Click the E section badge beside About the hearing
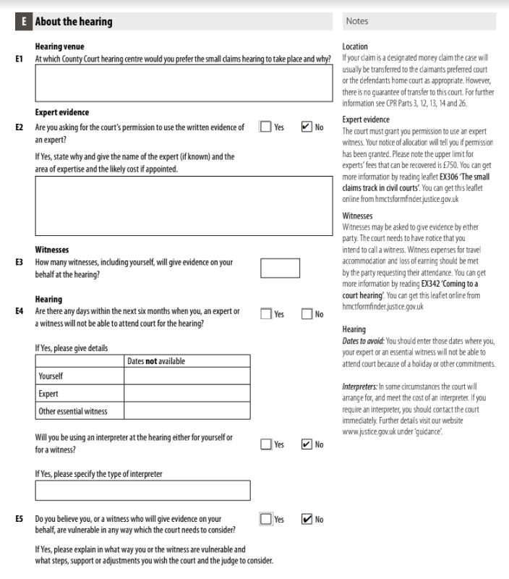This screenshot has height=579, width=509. click(23, 22)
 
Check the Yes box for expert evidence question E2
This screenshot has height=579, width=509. click(266, 127)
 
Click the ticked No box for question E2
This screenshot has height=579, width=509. click(307, 127)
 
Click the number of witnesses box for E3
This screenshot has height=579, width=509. click(280, 268)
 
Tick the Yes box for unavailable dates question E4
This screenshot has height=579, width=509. click(266, 313)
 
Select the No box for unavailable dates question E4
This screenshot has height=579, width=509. click(307, 313)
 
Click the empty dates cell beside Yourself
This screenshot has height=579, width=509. click(187, 376)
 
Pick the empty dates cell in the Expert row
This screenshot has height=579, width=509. click(187, 394)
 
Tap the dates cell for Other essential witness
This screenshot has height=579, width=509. click(187, 411)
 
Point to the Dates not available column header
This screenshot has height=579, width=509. click(155, 360)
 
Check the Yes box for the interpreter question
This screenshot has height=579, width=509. click(266, 444)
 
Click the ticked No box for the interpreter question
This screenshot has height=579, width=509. click(307, 444)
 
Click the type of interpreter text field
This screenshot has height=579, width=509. click(142, 491)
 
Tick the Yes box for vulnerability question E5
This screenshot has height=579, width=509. click(266, 519)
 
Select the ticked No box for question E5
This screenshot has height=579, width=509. click(307, 519)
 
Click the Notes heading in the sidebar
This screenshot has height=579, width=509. click(357, 22)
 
